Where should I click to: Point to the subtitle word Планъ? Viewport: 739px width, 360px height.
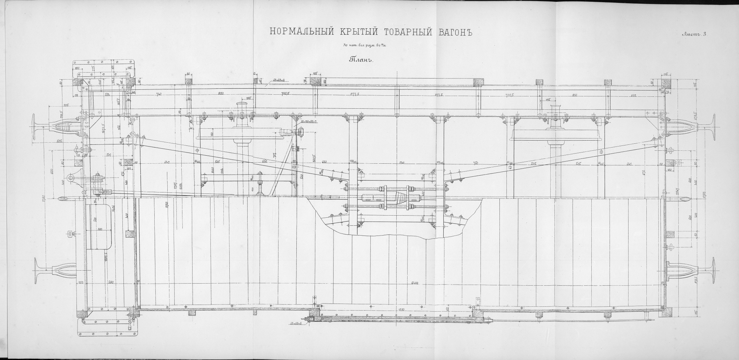click(361, 59)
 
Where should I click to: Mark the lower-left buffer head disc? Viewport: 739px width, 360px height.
click(36, 271)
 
